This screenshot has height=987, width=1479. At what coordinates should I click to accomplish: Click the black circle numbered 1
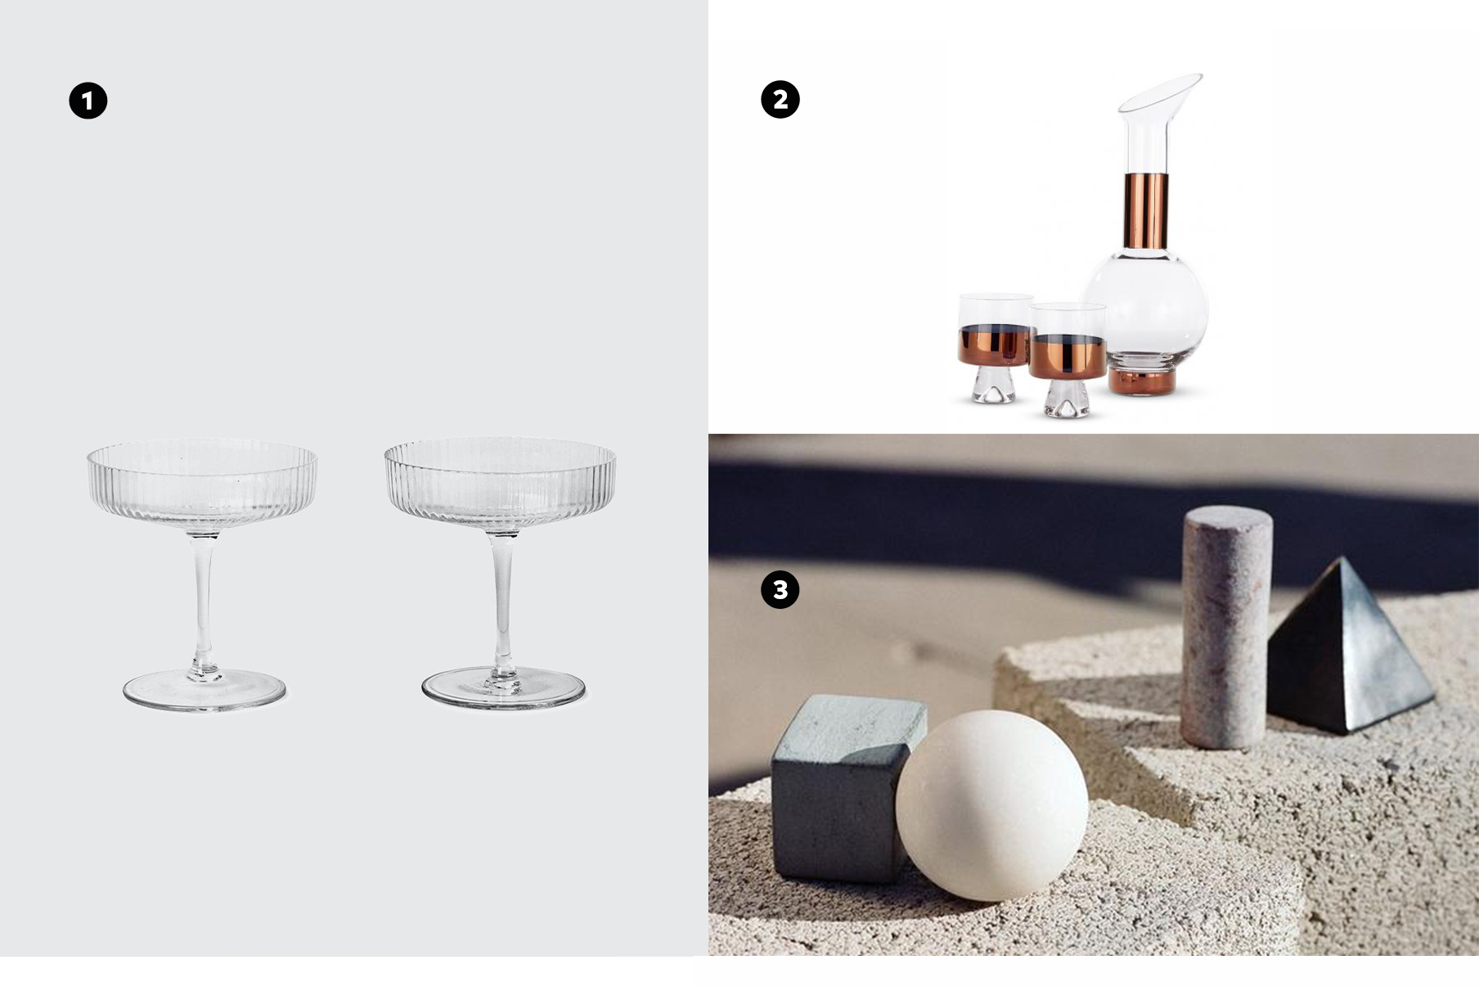(88, 101)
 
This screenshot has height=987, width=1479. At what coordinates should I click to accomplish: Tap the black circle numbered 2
(780, 100)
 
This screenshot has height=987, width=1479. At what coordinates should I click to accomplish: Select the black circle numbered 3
(780, 590)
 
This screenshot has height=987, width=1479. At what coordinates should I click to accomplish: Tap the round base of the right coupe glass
(503, 690)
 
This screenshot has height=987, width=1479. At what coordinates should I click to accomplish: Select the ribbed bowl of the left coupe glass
(202, 484)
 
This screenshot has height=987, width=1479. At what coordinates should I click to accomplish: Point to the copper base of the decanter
(1143, 381)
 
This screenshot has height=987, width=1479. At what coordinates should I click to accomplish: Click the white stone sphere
(991, 806)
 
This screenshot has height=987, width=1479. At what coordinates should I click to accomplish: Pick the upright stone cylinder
(1226, 627)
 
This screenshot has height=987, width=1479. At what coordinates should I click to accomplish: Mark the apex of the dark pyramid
(1342, 558)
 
